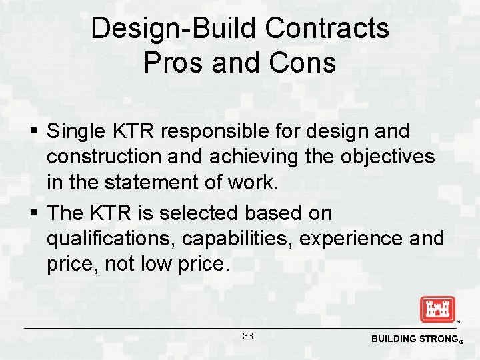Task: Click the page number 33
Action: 248,337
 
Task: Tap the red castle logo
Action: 437,309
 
